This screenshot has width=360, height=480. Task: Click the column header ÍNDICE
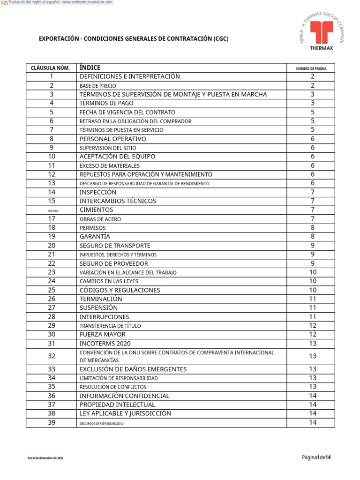coord(90,67)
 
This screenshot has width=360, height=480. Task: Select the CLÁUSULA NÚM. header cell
coord(50,68)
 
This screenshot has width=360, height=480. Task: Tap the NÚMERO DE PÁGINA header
coord(311,68)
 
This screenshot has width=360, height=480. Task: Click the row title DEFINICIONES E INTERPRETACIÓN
coord(130,76)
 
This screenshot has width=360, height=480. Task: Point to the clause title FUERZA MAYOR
coord(103,335)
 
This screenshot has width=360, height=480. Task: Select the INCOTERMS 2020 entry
coord(105,344)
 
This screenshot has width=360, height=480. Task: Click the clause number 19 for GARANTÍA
coord(52,237)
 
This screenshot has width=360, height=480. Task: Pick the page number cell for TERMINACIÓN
coord(313,299)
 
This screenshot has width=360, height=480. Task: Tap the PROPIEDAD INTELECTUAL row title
coord(118,405)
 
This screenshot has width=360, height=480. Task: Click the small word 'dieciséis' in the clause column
coord(53,210)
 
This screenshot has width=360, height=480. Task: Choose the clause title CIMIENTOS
coord(97,210)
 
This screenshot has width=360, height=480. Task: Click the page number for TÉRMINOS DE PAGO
coord(313,103)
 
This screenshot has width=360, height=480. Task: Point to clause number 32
coord(52,356)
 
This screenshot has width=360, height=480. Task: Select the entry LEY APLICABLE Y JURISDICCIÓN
coord(126,413)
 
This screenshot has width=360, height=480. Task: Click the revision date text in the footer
coord(45,458)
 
